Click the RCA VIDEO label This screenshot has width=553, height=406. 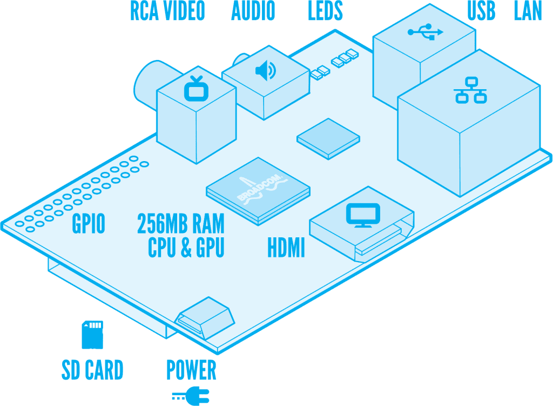pos(167,11)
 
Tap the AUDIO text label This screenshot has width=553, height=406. pos(253,11)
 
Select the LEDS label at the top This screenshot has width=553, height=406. pos(325,11)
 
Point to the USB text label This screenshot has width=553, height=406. pos(481,11)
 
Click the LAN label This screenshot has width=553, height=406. pos(528,11)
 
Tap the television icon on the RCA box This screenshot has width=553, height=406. pos(195,89)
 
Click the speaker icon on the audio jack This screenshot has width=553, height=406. pos(265,70)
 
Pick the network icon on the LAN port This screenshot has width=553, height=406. pos(470,90)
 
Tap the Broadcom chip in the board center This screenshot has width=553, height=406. pos(258,190)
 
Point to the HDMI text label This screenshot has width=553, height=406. pos(286,249)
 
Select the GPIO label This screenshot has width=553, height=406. pos(89,224)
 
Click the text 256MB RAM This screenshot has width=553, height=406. pos(180,223)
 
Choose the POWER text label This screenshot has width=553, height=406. pos(191,370)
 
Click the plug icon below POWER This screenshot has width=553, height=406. pos(191,395)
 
